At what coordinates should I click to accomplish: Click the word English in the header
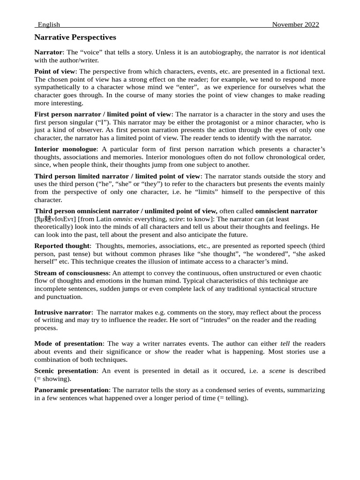(49, 24)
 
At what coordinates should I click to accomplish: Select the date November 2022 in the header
(295, 24)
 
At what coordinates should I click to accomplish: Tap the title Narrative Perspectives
(75, 37)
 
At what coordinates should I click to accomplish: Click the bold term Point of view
(54, 71)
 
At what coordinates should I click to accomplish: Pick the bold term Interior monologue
(65, 149)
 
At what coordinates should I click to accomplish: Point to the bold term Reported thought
(61, 246)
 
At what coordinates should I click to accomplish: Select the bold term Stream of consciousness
(71, 273)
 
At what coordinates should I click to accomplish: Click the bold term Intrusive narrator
(62, 312)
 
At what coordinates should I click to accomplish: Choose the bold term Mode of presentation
(68, 344)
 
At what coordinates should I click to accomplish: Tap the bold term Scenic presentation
(65, 371)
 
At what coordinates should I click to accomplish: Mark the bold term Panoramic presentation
(71, 390)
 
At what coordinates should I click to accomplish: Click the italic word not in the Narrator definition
(293, 52)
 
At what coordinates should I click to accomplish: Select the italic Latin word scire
(176, 219)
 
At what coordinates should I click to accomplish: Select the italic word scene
(277, 371)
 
